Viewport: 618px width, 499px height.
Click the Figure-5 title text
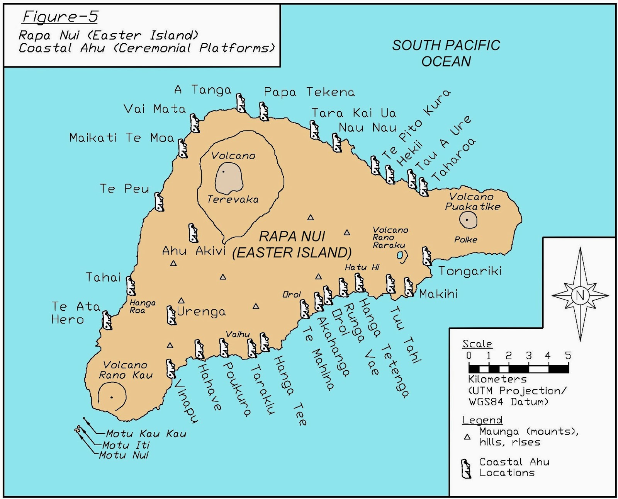(60, 17)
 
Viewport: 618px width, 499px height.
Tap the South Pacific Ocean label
(446, 53)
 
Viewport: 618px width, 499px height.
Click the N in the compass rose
(580, 295)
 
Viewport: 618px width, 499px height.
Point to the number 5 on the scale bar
(567, 356)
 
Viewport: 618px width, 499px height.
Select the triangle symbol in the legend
(467, 437)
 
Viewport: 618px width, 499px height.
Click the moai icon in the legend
(466, 468)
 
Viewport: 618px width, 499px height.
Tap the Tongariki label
(470, 271)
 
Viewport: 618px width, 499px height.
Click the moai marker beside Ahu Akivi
(193, 233)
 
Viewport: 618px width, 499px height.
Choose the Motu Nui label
(124, 455)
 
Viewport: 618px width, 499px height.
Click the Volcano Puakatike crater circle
(468, 220)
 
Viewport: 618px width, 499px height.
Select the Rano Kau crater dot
(112, 397)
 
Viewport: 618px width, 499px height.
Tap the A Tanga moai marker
(241, 103)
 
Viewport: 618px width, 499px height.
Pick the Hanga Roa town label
(142, 307)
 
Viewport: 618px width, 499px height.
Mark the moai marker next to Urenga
(171, 315)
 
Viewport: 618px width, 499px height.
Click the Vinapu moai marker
(170, 368)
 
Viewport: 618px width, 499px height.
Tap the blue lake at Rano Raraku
(400, 255)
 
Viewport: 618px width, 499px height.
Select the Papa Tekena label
(309, 92)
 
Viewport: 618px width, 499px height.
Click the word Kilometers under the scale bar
(497, 379)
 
